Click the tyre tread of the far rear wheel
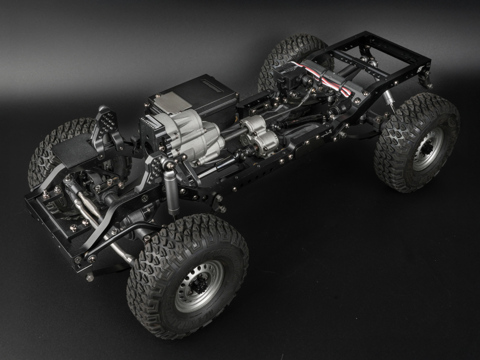click(x=283, y=53)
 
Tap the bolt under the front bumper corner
click(x=90, y=277)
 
